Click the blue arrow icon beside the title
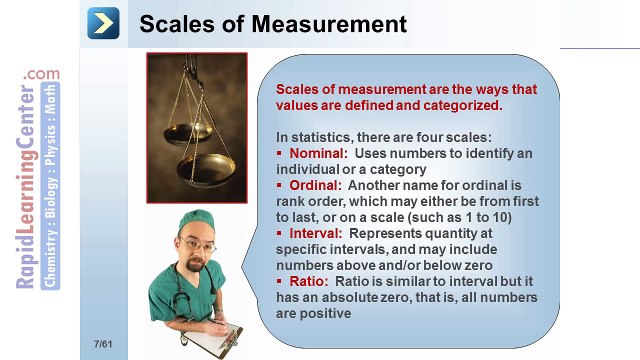point(104,23)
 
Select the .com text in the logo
point(44,74)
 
